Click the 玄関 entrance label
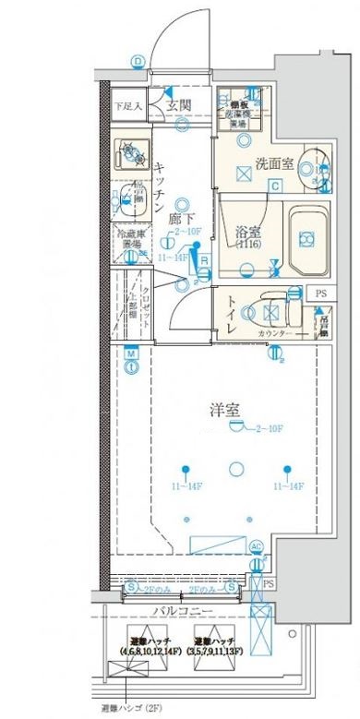(x=179, y=105)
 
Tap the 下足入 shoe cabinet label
(x=127, y=106)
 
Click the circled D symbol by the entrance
(x=138, y=63)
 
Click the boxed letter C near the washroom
(x=274, y=186)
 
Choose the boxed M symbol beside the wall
(x=132, y=354)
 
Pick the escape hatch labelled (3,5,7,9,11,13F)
(x=213, y=645)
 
